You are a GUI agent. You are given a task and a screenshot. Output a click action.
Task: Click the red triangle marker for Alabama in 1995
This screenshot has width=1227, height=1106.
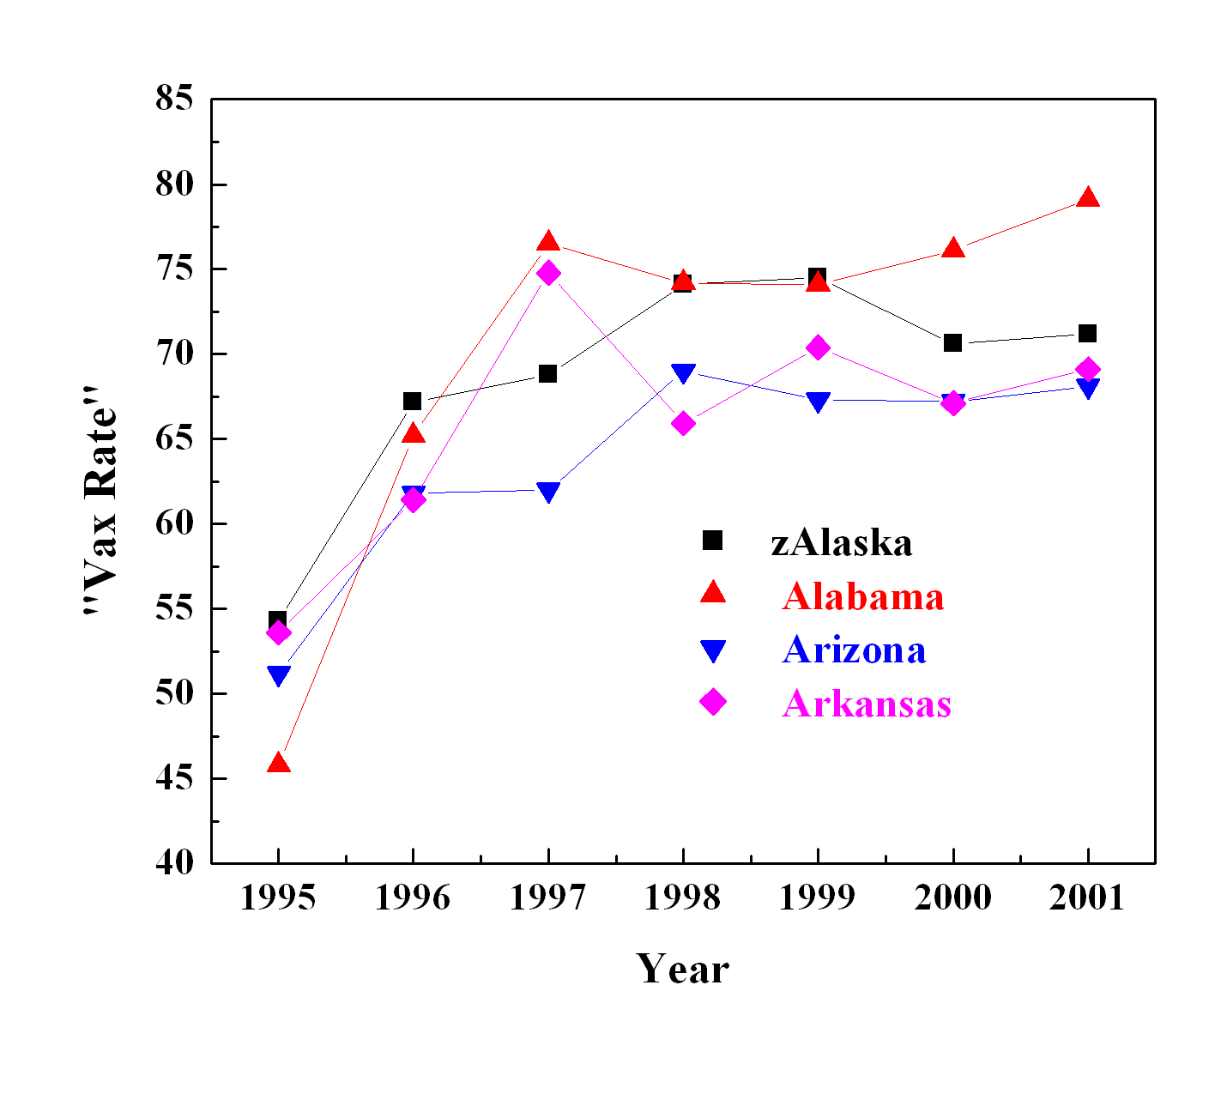pos(278,763)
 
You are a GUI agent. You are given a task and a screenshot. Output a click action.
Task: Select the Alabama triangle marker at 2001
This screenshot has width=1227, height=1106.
pos(1087,198)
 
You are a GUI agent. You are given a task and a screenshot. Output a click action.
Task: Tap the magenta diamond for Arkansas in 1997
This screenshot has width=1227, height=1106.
pos(548,274)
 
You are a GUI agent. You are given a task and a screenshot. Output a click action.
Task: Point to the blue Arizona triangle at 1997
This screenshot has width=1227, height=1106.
pos(548,492)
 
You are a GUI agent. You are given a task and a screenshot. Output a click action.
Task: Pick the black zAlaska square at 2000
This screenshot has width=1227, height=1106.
pos(952,342)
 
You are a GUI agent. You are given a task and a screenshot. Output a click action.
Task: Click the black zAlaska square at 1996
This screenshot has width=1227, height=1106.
pos(413,401)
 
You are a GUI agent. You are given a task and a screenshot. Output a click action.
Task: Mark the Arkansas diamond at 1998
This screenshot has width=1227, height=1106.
pos(683,423)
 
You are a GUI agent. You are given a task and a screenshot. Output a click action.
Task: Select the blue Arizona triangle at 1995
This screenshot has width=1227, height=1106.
pos(278,675)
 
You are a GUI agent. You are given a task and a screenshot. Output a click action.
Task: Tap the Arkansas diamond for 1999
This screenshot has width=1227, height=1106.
pos(818,348)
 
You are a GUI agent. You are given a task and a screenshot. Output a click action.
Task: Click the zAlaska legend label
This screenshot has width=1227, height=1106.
pos(841,542)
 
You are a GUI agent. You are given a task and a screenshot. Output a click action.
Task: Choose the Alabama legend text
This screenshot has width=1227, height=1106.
pos(862,596)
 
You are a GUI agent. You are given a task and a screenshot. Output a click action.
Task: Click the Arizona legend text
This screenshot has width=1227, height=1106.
pos(854,650)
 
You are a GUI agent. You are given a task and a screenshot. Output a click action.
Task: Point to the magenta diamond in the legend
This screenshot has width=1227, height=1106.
pos(713,703)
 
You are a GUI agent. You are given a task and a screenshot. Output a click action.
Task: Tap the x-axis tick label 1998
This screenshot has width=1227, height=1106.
pos(683,897)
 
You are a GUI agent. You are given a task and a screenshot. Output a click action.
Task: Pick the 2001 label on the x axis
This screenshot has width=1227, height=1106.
pos(1087,897)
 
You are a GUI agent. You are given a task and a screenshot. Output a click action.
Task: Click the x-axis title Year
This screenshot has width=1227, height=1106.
pos(682,969)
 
